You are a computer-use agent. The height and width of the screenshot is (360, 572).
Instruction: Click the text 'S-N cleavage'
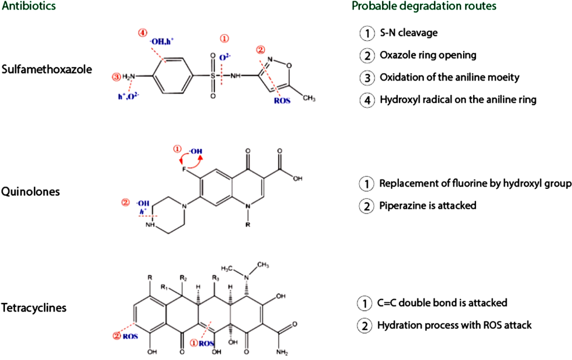tap(408, 33)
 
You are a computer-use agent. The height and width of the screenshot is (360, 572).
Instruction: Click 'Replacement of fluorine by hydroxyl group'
tap(475, 183)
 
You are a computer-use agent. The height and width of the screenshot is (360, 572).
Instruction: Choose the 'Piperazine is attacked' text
tap(428, 206)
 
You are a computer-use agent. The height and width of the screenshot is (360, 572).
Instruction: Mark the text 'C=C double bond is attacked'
tap(443, 303)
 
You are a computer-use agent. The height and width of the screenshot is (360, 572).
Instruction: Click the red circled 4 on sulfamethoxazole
tap(142, 32)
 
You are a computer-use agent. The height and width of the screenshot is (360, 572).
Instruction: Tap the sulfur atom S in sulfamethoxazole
tap(212, 75)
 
